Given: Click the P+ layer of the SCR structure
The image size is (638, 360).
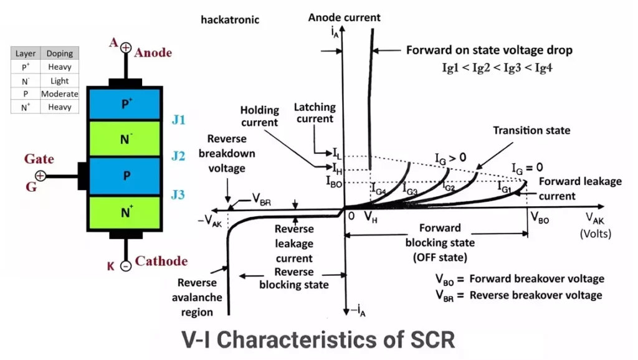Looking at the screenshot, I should point(126,103).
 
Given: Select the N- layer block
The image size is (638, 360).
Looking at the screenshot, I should point(126,140).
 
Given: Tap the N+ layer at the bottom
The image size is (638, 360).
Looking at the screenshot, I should point(126,213).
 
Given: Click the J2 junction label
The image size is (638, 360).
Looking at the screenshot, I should point(179,156).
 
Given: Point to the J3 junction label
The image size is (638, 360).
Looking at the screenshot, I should point(179,195).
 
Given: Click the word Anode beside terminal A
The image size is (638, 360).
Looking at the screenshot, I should point(153,52).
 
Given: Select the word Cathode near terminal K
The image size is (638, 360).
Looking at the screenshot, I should point(161,261).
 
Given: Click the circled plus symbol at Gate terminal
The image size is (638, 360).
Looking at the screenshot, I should point(40,176).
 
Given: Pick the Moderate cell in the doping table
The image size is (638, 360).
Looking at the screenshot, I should point(60,94).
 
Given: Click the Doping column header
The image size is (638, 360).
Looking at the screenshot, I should point(60,54).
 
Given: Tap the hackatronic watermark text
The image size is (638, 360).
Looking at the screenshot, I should point(230,20).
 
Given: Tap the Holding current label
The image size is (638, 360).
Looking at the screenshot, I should point(259,116).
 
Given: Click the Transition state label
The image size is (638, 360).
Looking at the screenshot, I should point(531,131).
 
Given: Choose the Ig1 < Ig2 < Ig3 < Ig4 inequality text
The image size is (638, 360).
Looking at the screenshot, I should point(497,68).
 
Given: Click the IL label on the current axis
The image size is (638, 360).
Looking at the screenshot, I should point(336,153).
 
